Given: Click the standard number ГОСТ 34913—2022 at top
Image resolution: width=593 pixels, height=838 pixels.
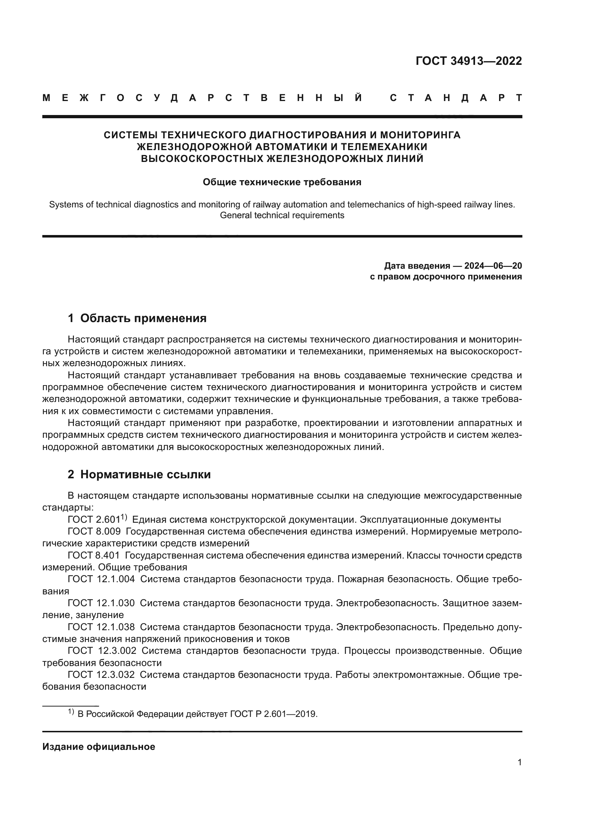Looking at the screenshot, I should pos(469,61).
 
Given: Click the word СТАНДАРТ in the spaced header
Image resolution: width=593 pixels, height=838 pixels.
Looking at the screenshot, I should pos(456,98).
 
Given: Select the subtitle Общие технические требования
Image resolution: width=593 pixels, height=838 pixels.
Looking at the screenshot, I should pos(282,182).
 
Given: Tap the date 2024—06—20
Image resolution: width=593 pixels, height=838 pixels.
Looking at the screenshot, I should pos(493,266).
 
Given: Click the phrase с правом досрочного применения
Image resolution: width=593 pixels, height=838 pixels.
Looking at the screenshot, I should pos(446,277).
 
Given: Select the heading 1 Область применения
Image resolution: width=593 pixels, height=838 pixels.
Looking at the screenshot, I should pos(137,318).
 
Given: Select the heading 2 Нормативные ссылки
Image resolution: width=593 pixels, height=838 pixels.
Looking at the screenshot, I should pos(139,474).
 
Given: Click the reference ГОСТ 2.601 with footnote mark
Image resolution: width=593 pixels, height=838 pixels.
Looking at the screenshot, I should pos(97,519).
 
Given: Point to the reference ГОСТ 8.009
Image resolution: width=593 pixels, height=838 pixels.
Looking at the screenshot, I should pos(94,531).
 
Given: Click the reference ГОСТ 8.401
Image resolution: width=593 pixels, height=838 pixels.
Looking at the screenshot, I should pos(94,556).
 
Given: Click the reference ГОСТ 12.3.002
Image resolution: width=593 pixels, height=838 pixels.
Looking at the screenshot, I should pos(102,651).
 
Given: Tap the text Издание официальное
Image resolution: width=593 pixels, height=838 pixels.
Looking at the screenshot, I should pos(99,747).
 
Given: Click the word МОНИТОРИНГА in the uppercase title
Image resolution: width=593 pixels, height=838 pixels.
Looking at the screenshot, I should pos(420,135).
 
